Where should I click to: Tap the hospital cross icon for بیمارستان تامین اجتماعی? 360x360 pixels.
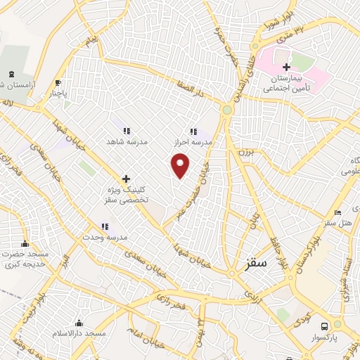click(x=286, y=67)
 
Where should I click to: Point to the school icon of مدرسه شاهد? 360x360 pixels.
click(x=126, y=131)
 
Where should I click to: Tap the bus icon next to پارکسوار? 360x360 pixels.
click(x=324, y=327)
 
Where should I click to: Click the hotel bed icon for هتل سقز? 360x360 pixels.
click(x=337, y=213)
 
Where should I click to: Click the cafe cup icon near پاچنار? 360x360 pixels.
click(x=58, y=82)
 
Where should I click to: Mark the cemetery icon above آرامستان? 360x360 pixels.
click(x=11, y=74)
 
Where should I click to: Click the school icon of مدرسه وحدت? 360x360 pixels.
click(x=105, y=226)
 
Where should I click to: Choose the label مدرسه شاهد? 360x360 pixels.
click(x=126, y=141)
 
